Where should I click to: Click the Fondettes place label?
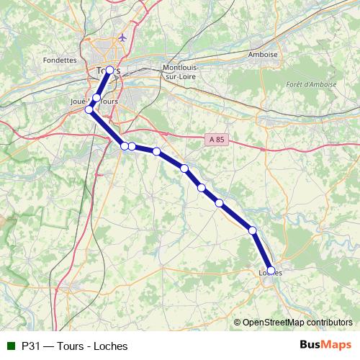(60, 60)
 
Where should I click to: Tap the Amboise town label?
(262, 54)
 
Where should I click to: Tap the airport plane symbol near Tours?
(124, 37)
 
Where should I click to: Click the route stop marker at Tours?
(109, 71)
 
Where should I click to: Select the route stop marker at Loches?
(271, 271)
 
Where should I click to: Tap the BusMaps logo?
(325, 345)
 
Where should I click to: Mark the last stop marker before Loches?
(253, 230)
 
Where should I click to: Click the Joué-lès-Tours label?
(100, 102)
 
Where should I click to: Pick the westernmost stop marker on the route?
(90, 109)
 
